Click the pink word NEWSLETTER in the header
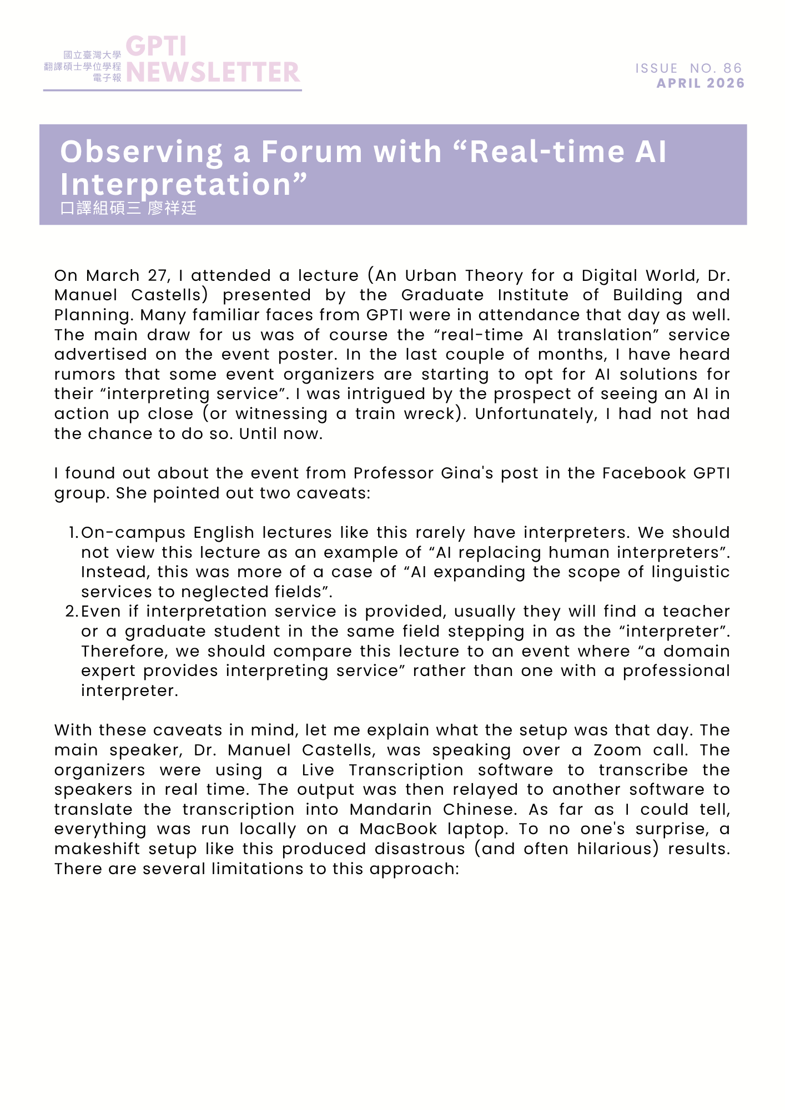pyautogui.click(x=213, y=72)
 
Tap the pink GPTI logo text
pyautogui.click(x=156, y=47)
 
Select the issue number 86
pyautogui.click(x=733, y=68)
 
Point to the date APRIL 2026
pyautogui.click(x=701, y=83)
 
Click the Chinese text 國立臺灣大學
pyautogui.click(x=92, y=55)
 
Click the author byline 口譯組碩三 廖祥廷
pyautogui.click(x=128, y=208)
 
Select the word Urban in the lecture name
pyautogui.click(x=430, y=276)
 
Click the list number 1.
pyautogui.click(x=73, y=533)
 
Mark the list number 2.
pyautogui.click(x=72, y=612)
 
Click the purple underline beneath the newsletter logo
pyautogui.click(x=173, y=90)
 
